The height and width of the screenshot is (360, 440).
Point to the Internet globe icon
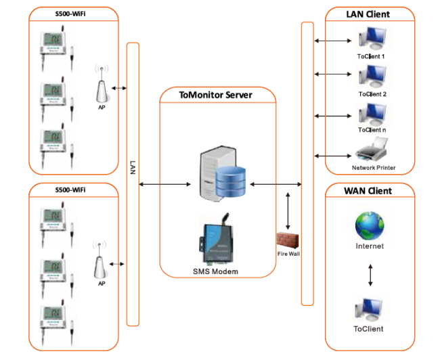point(370,225)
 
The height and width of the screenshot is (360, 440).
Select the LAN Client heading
point(368,14)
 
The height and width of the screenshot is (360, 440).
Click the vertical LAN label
point(133,168)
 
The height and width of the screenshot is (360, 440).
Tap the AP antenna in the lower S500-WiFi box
point(102,261)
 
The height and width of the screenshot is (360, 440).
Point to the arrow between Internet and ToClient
point(370,275)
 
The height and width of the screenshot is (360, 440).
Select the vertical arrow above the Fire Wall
point(289,210)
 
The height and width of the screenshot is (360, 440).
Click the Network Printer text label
point(374,167)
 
